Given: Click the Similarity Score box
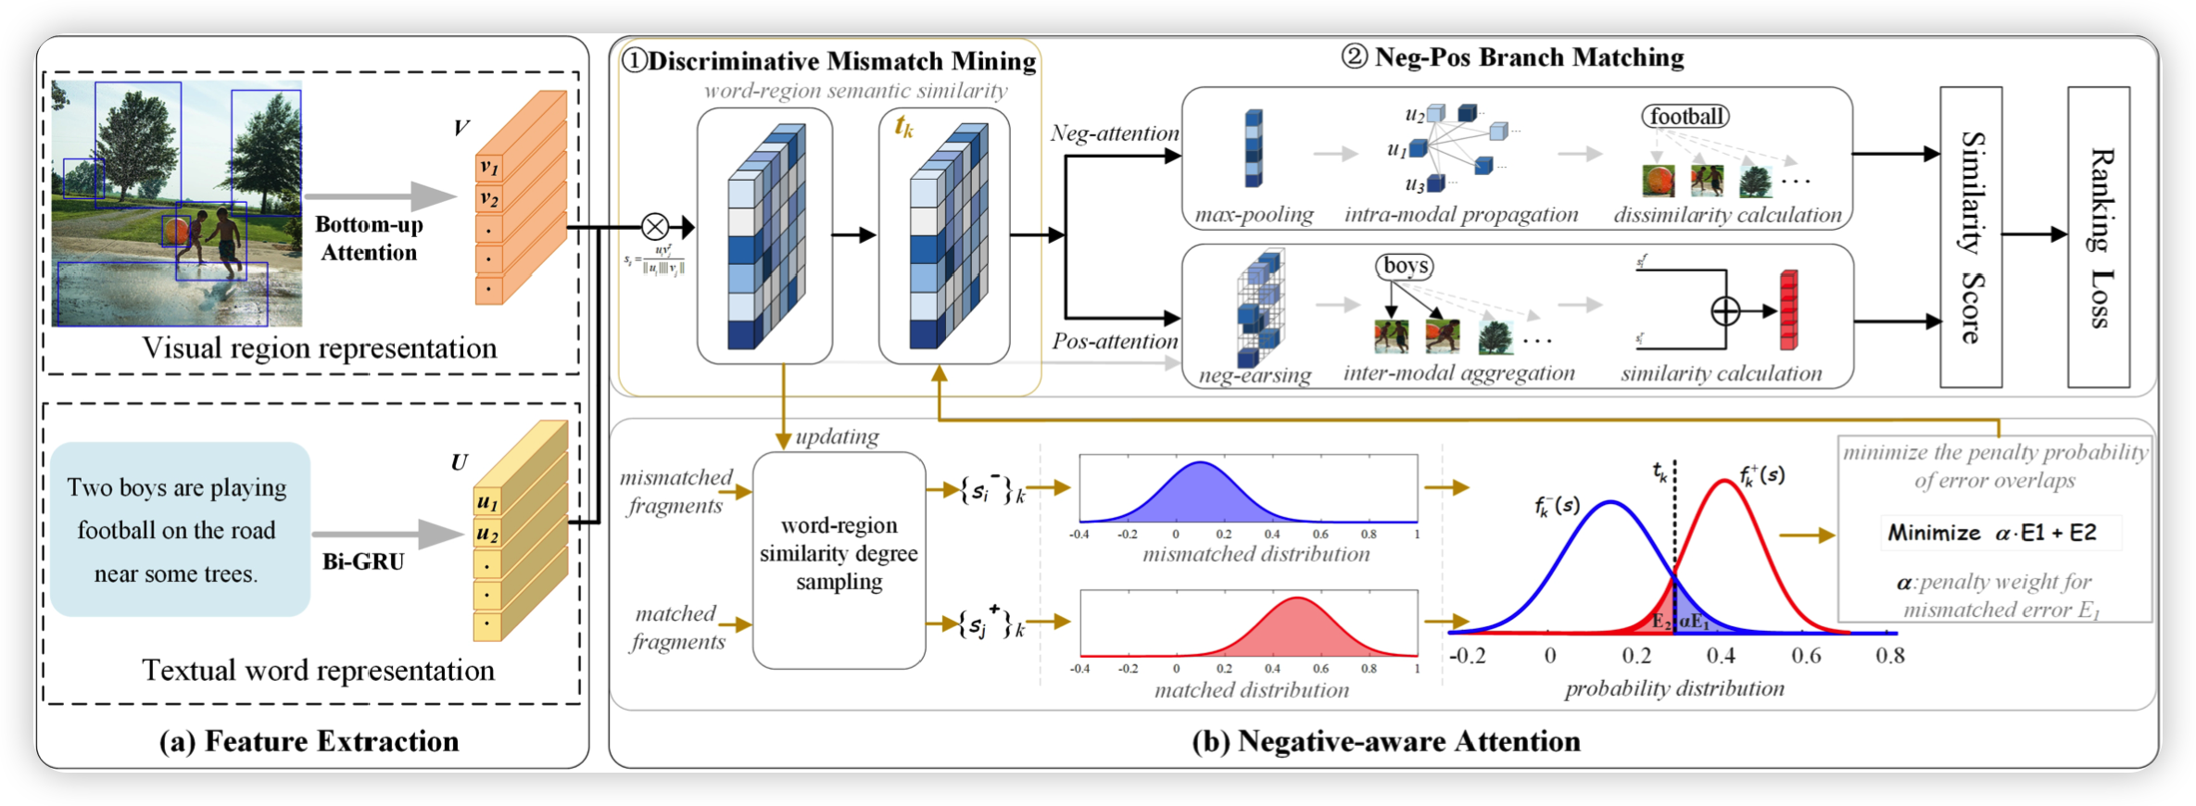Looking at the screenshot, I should click(x=1971, y=237).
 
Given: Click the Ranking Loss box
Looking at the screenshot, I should click(x=2099, y=237).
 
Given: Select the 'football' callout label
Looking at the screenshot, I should click(x=1685, y=117).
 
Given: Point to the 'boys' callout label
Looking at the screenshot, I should click(x=1405, y=267).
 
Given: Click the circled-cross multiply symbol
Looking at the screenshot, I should click(x=655, y=226).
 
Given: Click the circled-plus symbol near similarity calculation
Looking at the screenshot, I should click(x=1725, y=311).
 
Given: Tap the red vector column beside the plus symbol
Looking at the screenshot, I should click(x=1788, y=310).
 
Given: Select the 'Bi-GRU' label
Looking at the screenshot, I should click(x=363, y=562).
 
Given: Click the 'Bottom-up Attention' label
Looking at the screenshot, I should click(x=369, y=238).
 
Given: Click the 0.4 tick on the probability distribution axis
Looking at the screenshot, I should click(x=1721, y=656).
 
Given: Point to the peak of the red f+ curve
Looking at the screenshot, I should click(x=1722, y=481).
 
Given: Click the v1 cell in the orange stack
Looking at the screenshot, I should click(x=488, y=169).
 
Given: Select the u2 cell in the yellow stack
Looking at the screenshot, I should click(x=487, y=535).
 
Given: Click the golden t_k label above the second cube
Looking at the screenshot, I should click(x=903, y=127).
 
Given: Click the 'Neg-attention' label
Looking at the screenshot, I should click(x=1115, y=133).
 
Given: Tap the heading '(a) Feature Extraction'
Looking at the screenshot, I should click(x=309, y=741).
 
